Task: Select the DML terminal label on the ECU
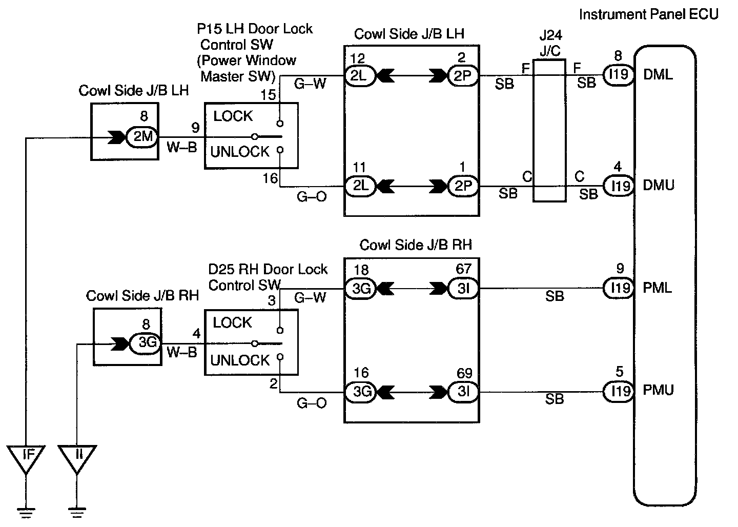tap(658, 75)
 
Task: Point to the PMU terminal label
tap(658, 391)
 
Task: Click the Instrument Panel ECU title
tap(648, 14)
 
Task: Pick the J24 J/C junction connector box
tap(549, 131)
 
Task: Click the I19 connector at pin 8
tap(619, 75)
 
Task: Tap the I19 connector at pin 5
tap(619, 391)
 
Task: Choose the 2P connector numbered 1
tap(463, 186)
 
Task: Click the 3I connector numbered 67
tap(463, 289)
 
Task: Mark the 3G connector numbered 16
tap(361, 392)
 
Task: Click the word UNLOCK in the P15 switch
tap(239, 152)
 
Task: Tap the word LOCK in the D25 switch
tap(232, 323)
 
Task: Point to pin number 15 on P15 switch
tap(268, 95)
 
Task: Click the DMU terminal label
tap(659, 185)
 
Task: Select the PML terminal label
tap(658, 288)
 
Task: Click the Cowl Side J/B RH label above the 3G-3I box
tap(416, 245)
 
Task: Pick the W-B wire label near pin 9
tap(182, 148)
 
